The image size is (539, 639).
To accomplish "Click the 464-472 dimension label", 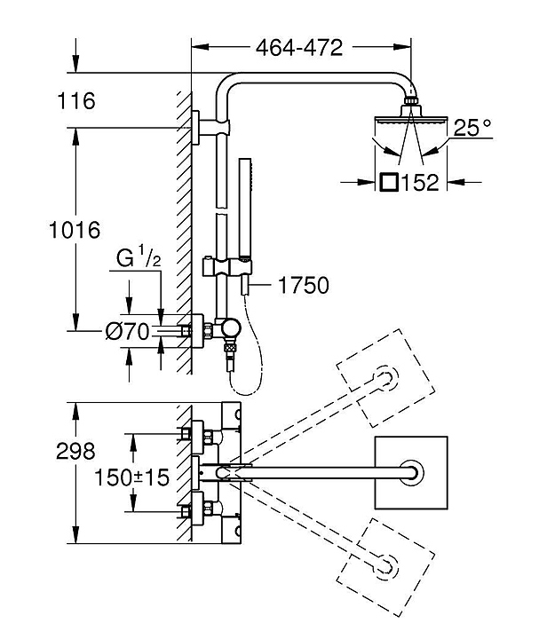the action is tap(299, 48).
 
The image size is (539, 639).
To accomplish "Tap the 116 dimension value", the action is tap(76, 101).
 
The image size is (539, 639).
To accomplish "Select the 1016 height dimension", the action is tap(75, 230).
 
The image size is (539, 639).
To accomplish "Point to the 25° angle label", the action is tap(472, 128).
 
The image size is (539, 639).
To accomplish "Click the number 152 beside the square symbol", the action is tap(421, 183).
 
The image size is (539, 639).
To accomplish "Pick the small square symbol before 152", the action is tap(389, 182).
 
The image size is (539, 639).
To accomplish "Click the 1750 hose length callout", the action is tap(304, 285).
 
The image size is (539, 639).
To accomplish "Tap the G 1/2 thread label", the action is tap(139, 257).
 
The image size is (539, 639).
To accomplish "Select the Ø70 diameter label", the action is tap(127, 332).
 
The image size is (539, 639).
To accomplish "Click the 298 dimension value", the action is tap(75, 452).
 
